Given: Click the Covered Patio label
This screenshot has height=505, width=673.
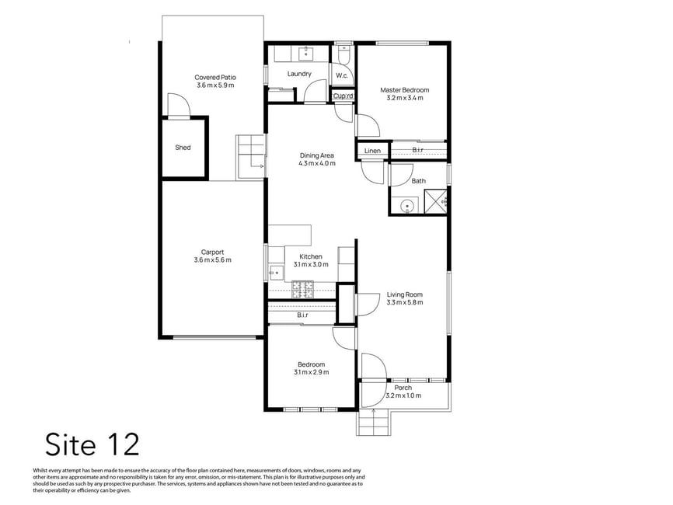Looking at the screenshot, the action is coord(215,78).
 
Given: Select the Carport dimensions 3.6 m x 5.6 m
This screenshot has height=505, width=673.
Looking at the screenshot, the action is coord(213,260).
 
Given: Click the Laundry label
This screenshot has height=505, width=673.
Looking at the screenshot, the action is coord(299,74).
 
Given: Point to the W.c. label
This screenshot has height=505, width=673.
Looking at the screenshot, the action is coord(342,76).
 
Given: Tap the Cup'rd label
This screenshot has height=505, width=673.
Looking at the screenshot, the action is coord(343,96).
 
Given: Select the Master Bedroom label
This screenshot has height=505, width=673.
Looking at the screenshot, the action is coord(405,90).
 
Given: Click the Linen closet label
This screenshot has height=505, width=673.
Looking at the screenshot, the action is coord(372,151).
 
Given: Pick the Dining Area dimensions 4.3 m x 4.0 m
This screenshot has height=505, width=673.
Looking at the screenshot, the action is coord(317,163).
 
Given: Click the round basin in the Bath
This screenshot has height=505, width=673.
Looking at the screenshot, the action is coord(407,206).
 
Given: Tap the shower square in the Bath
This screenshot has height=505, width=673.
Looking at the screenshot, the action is coord(436,200).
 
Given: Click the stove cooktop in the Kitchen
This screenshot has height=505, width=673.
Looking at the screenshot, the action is coord(303,289).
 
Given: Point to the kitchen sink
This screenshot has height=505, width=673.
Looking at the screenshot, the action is coord(276,272).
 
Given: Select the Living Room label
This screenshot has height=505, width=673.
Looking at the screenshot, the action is coord(405,294).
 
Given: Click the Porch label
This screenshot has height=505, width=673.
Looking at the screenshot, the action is coord(403,388).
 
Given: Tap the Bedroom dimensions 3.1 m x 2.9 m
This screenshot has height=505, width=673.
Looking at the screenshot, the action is coord(312,372).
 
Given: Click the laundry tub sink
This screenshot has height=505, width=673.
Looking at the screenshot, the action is coord(306,54).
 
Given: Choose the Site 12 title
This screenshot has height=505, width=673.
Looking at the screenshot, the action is coord(92,444).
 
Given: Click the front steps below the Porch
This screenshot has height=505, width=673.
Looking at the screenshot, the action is coord(373,423).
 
